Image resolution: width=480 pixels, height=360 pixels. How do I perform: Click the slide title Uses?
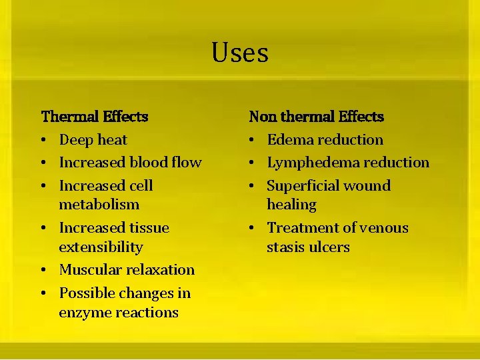click(x=240, y=53)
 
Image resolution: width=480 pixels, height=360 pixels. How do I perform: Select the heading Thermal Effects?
click(x=95, y=117)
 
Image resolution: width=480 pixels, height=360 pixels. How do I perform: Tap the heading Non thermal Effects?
click(x=316, y=117)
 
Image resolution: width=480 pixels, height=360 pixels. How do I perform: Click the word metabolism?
click(x=99, y=205)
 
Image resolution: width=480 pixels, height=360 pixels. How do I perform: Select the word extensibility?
click(x=101, y=247)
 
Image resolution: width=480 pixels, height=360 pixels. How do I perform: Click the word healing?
click(x=291, y=205)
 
